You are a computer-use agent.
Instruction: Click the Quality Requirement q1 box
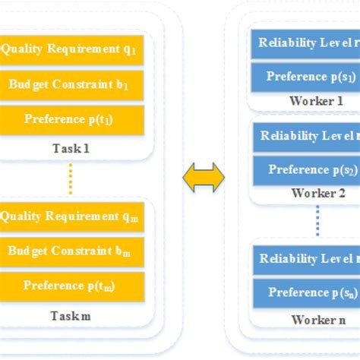tap(71, 49)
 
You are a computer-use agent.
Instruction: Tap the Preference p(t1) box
tap(71, 119)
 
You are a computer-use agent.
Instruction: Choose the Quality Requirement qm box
tap(71, 216)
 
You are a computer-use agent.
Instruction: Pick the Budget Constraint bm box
tap(71, 251)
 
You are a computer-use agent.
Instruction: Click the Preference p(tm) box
tap(71, 286)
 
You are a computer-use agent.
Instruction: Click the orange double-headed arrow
tap(204, 178)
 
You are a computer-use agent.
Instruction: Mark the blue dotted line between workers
tap(318, 219)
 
